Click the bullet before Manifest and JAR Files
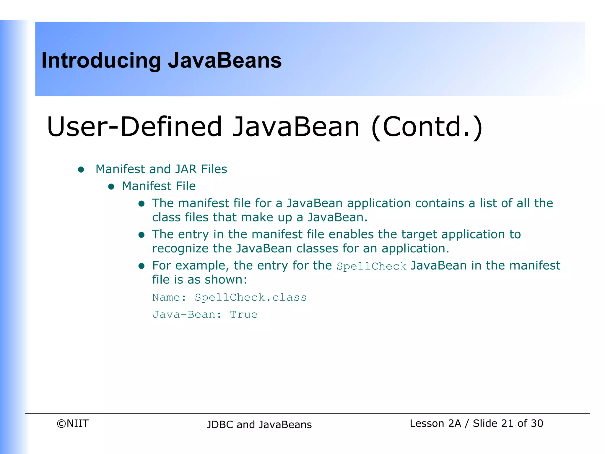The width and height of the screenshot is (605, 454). click(x=81, y=170)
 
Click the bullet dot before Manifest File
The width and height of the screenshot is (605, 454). click(x=111, y=187)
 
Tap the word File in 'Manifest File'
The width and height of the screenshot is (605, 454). click(x=186, y=186)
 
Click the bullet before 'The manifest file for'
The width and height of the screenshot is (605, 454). click(x=142, y=204)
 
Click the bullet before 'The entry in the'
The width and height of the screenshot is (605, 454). click(x=142, y=235)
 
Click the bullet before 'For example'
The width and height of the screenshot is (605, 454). click(x=142, y=266)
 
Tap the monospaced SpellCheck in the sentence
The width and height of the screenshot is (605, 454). click(x=371, y=266)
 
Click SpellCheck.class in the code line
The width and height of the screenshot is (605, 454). click(x=251, y=297)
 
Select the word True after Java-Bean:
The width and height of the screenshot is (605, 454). click(x=244, y=314)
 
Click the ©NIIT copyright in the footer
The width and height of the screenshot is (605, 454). click(x=73, y=423)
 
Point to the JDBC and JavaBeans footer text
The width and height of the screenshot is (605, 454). click(x=259, y=424)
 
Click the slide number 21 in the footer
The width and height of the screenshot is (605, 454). click(x=507, y=423)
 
